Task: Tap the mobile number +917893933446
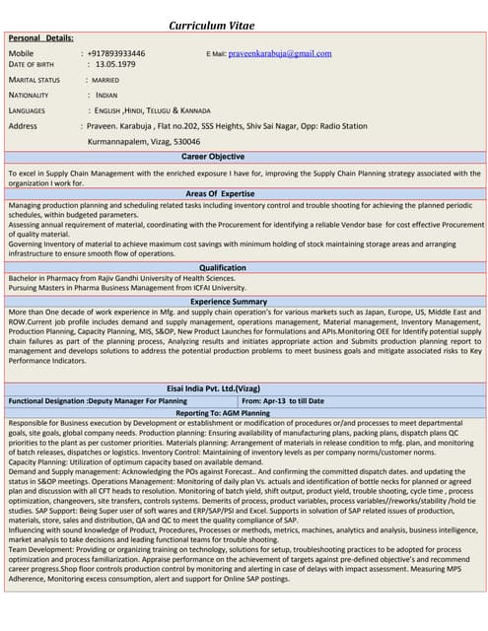[x=116, y=53]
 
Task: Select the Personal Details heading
[x=47, y=36]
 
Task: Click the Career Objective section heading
[x=213, y=157]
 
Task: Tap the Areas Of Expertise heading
[x=220, y=195]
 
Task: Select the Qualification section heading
[x=223, y=268]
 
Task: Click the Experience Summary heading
[x=229, y=301]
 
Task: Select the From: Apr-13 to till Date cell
[x=283, y=401]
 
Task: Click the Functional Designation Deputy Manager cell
[x=98, y=401]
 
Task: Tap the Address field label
[x=23, y=126]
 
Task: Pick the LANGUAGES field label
[x=27, y=110]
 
